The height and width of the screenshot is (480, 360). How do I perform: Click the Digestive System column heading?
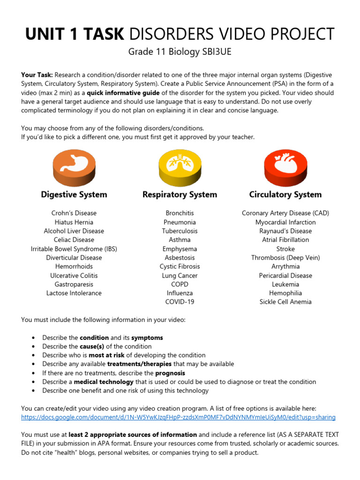coord(74,195)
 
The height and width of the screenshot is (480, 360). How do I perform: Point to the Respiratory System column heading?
coord(180,195)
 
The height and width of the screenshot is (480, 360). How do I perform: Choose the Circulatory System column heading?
coord(285,195)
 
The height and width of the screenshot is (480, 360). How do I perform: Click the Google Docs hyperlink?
coord(178,417)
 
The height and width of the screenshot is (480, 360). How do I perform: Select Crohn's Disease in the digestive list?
coord(74,213)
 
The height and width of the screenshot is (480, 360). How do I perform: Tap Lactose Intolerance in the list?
coord(74,293)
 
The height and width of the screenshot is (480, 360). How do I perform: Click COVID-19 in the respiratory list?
coord(180,302)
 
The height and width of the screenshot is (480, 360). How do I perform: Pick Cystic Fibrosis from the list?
coord(180,266)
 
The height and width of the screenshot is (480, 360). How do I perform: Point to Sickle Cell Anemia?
coord(285,302)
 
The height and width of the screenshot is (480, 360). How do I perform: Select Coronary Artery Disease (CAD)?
coord(285,213)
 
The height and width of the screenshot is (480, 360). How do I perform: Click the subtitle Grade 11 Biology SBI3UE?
coord(180,52)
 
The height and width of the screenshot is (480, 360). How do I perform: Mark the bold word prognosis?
coord(170,373)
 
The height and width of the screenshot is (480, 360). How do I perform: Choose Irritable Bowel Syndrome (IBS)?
coord(74,249)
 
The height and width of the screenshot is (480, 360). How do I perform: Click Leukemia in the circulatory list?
coord(285,284)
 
